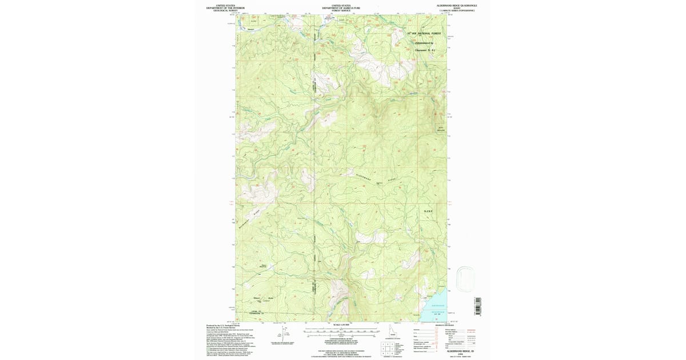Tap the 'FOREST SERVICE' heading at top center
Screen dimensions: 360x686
tap(336, 11)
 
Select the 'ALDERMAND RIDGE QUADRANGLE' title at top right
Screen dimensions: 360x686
tap(457, 5)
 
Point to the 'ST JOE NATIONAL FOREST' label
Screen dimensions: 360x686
tap(424, 34)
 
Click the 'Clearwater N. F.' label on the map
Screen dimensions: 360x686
tap(424, 50)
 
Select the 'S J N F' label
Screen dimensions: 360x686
tap(429, 211)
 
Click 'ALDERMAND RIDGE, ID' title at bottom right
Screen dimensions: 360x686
tap(457, 351)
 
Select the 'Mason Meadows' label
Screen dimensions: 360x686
tap(264, 266)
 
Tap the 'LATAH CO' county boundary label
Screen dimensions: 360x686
tap(257, 312)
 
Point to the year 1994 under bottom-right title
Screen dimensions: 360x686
tap(457, 354)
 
